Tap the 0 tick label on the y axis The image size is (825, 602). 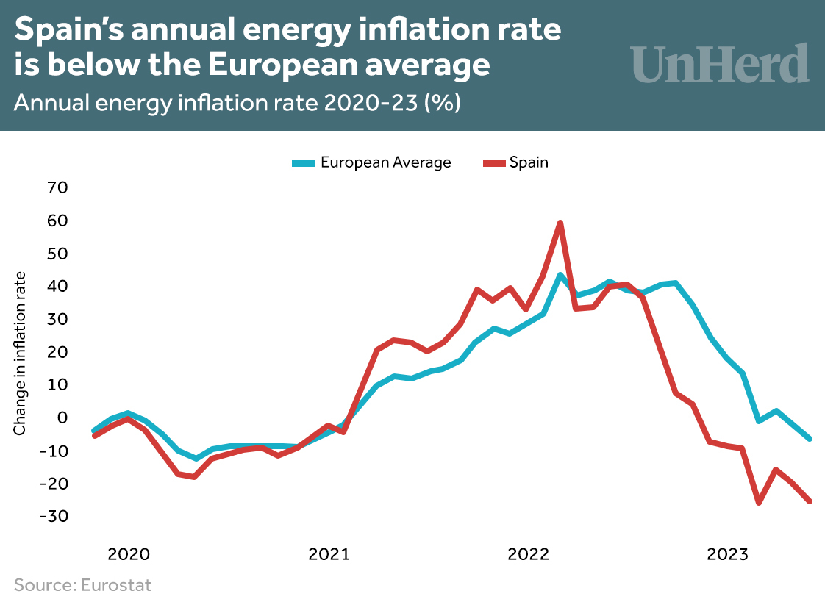[63, 418]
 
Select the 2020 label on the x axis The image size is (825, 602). [129, 554]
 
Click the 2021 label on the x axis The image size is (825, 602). [329, 554]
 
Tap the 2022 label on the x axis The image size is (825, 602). [529, 554]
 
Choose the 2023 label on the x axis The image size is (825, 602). [728, 554]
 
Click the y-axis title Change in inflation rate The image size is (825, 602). [20, 353]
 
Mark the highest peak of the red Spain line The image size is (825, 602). [560, 223]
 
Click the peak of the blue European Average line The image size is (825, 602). [560, 276]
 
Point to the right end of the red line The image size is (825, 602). [810, 501]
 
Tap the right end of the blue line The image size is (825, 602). [810, 438]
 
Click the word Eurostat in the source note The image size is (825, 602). [115, 585]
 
